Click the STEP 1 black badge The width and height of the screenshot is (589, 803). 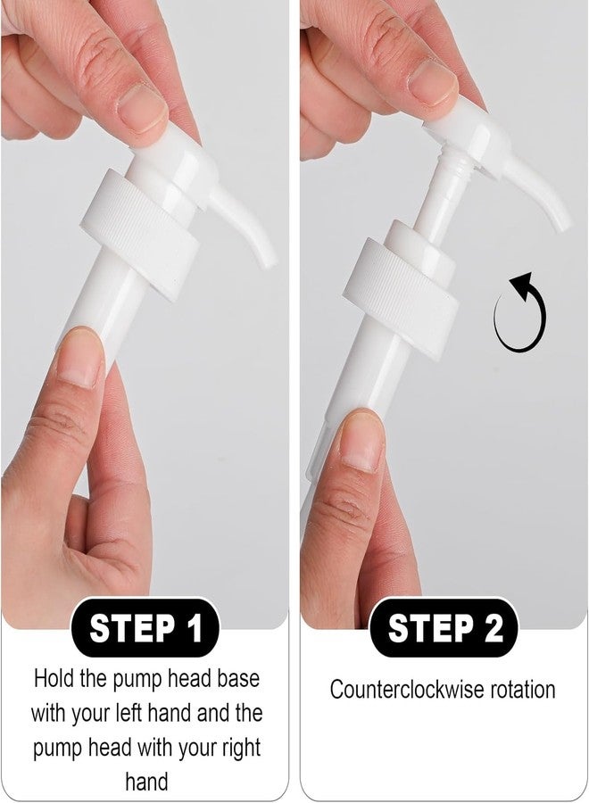(x=145, y=628)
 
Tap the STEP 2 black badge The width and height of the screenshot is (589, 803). (x=444, y=628)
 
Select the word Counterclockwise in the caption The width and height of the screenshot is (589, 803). (x=408, y=690)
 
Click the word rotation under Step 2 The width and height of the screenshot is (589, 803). (x=523, y=690)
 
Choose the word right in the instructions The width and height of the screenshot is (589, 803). (x=241, y=749)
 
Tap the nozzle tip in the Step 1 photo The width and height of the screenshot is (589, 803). (x=270, y=261)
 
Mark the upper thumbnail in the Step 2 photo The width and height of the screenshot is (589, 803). (x=432, y=83)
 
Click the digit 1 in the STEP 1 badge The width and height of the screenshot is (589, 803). (x=195, y=628)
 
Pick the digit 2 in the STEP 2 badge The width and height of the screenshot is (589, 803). (x=494, y=628)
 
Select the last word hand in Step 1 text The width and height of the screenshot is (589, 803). (x=146, y=782)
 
